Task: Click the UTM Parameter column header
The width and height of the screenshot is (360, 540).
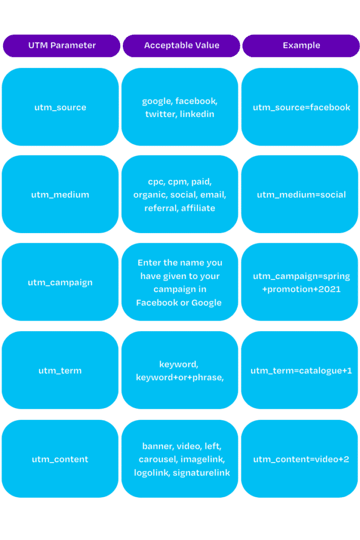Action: pos(62,45)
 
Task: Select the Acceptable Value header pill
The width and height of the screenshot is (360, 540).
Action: pos(181,45)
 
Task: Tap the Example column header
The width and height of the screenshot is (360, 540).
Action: pos(301,45)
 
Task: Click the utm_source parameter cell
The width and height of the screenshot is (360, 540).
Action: pos(60,107)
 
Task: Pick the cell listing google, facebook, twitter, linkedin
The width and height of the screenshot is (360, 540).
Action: pos(180,107)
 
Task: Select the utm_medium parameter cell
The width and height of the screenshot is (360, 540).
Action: pos(60,194)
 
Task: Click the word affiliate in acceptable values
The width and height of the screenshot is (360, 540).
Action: pos(198,208)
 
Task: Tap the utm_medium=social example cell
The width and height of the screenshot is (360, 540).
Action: pos(300,194)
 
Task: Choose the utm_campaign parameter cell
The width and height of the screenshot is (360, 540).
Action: pos(60,282)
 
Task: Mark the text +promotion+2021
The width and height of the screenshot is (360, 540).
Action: pos(301,290)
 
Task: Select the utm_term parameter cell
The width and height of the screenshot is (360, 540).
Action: pos(60,370)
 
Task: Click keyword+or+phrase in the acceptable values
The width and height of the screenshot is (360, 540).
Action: pos(180,378)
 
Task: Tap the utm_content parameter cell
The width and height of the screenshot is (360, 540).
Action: pos(60,459)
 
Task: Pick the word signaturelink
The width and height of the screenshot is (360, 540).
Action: pos(201,473)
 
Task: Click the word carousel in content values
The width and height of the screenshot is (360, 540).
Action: pos(158,459)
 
